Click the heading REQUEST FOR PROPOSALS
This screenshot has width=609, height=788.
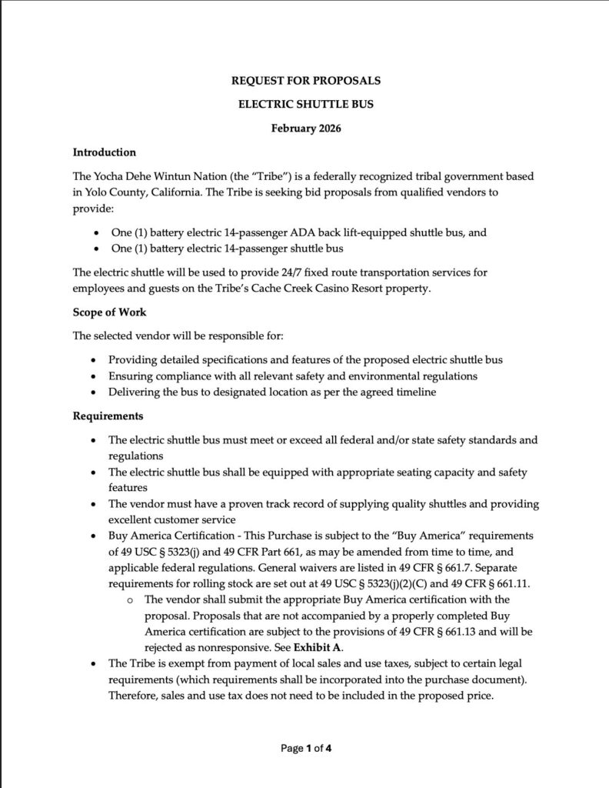pos(305,80)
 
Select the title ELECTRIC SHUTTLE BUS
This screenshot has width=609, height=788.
pos(305,104)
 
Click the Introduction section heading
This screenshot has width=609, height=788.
pos(104,152)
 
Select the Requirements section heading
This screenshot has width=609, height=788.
pos(108,416)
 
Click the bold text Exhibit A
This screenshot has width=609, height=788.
pos(318,646)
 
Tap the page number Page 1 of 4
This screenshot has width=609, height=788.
pos(305,747)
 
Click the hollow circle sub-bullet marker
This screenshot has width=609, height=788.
pos(131,599)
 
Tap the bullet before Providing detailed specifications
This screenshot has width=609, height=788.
pos(94,360)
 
